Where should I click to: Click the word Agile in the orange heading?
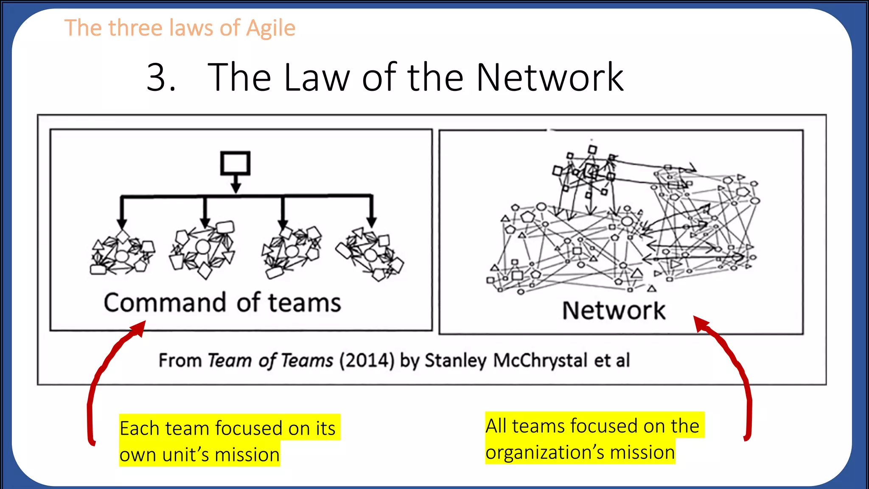point(271,29)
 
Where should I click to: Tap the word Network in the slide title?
point(549,77)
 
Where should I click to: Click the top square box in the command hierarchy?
point(235,163)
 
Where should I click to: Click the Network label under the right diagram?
point(614,311)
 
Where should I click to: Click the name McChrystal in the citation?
point(540,361)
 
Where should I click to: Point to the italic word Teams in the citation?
point(307,361)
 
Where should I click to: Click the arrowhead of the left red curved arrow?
point(140,328)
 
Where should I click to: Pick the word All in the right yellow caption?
point(496,426)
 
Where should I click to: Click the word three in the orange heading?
point(136,29)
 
